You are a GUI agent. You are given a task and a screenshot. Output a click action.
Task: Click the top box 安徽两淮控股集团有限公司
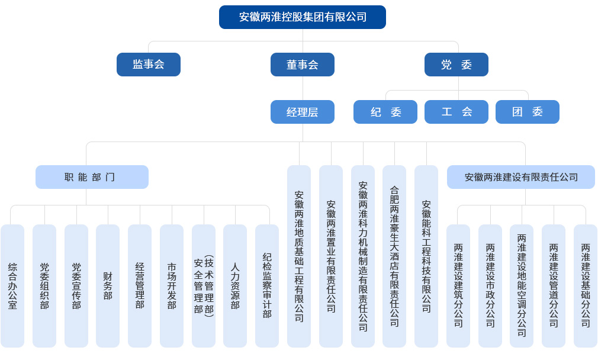[303, 17]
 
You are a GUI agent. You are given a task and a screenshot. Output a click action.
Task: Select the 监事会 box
[149, 65]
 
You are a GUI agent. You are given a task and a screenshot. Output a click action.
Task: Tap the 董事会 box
[303, 65]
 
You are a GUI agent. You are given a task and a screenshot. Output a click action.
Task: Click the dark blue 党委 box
[456, 65]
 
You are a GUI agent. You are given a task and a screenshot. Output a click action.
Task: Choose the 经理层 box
[303, 112]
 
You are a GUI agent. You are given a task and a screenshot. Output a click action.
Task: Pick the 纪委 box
[385, 112]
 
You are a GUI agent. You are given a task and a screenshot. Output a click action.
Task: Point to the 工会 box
[456, 112]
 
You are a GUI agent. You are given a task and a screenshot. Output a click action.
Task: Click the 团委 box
[528, 112]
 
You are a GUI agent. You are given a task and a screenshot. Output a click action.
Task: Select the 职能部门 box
[92, 177]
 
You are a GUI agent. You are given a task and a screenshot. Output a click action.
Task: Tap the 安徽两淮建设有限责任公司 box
[521, 177]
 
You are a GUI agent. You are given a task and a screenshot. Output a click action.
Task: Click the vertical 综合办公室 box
[12, 286]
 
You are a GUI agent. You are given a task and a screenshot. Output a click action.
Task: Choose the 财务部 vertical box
[108, 286]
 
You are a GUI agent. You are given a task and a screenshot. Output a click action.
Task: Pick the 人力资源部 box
[235, 286]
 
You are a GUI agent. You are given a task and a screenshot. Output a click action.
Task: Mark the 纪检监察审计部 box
[267, 286]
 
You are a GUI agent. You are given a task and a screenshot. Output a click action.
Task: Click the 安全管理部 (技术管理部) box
[204, 286]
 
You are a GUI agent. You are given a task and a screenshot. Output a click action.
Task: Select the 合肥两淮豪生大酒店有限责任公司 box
[394, 256]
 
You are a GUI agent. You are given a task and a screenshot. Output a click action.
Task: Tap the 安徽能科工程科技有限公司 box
[426, 256]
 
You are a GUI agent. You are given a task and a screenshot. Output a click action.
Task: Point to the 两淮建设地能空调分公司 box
[522, 286]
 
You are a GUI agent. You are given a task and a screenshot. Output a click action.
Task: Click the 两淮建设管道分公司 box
[554, 286]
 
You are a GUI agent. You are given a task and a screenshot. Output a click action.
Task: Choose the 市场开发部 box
[172, 286]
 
